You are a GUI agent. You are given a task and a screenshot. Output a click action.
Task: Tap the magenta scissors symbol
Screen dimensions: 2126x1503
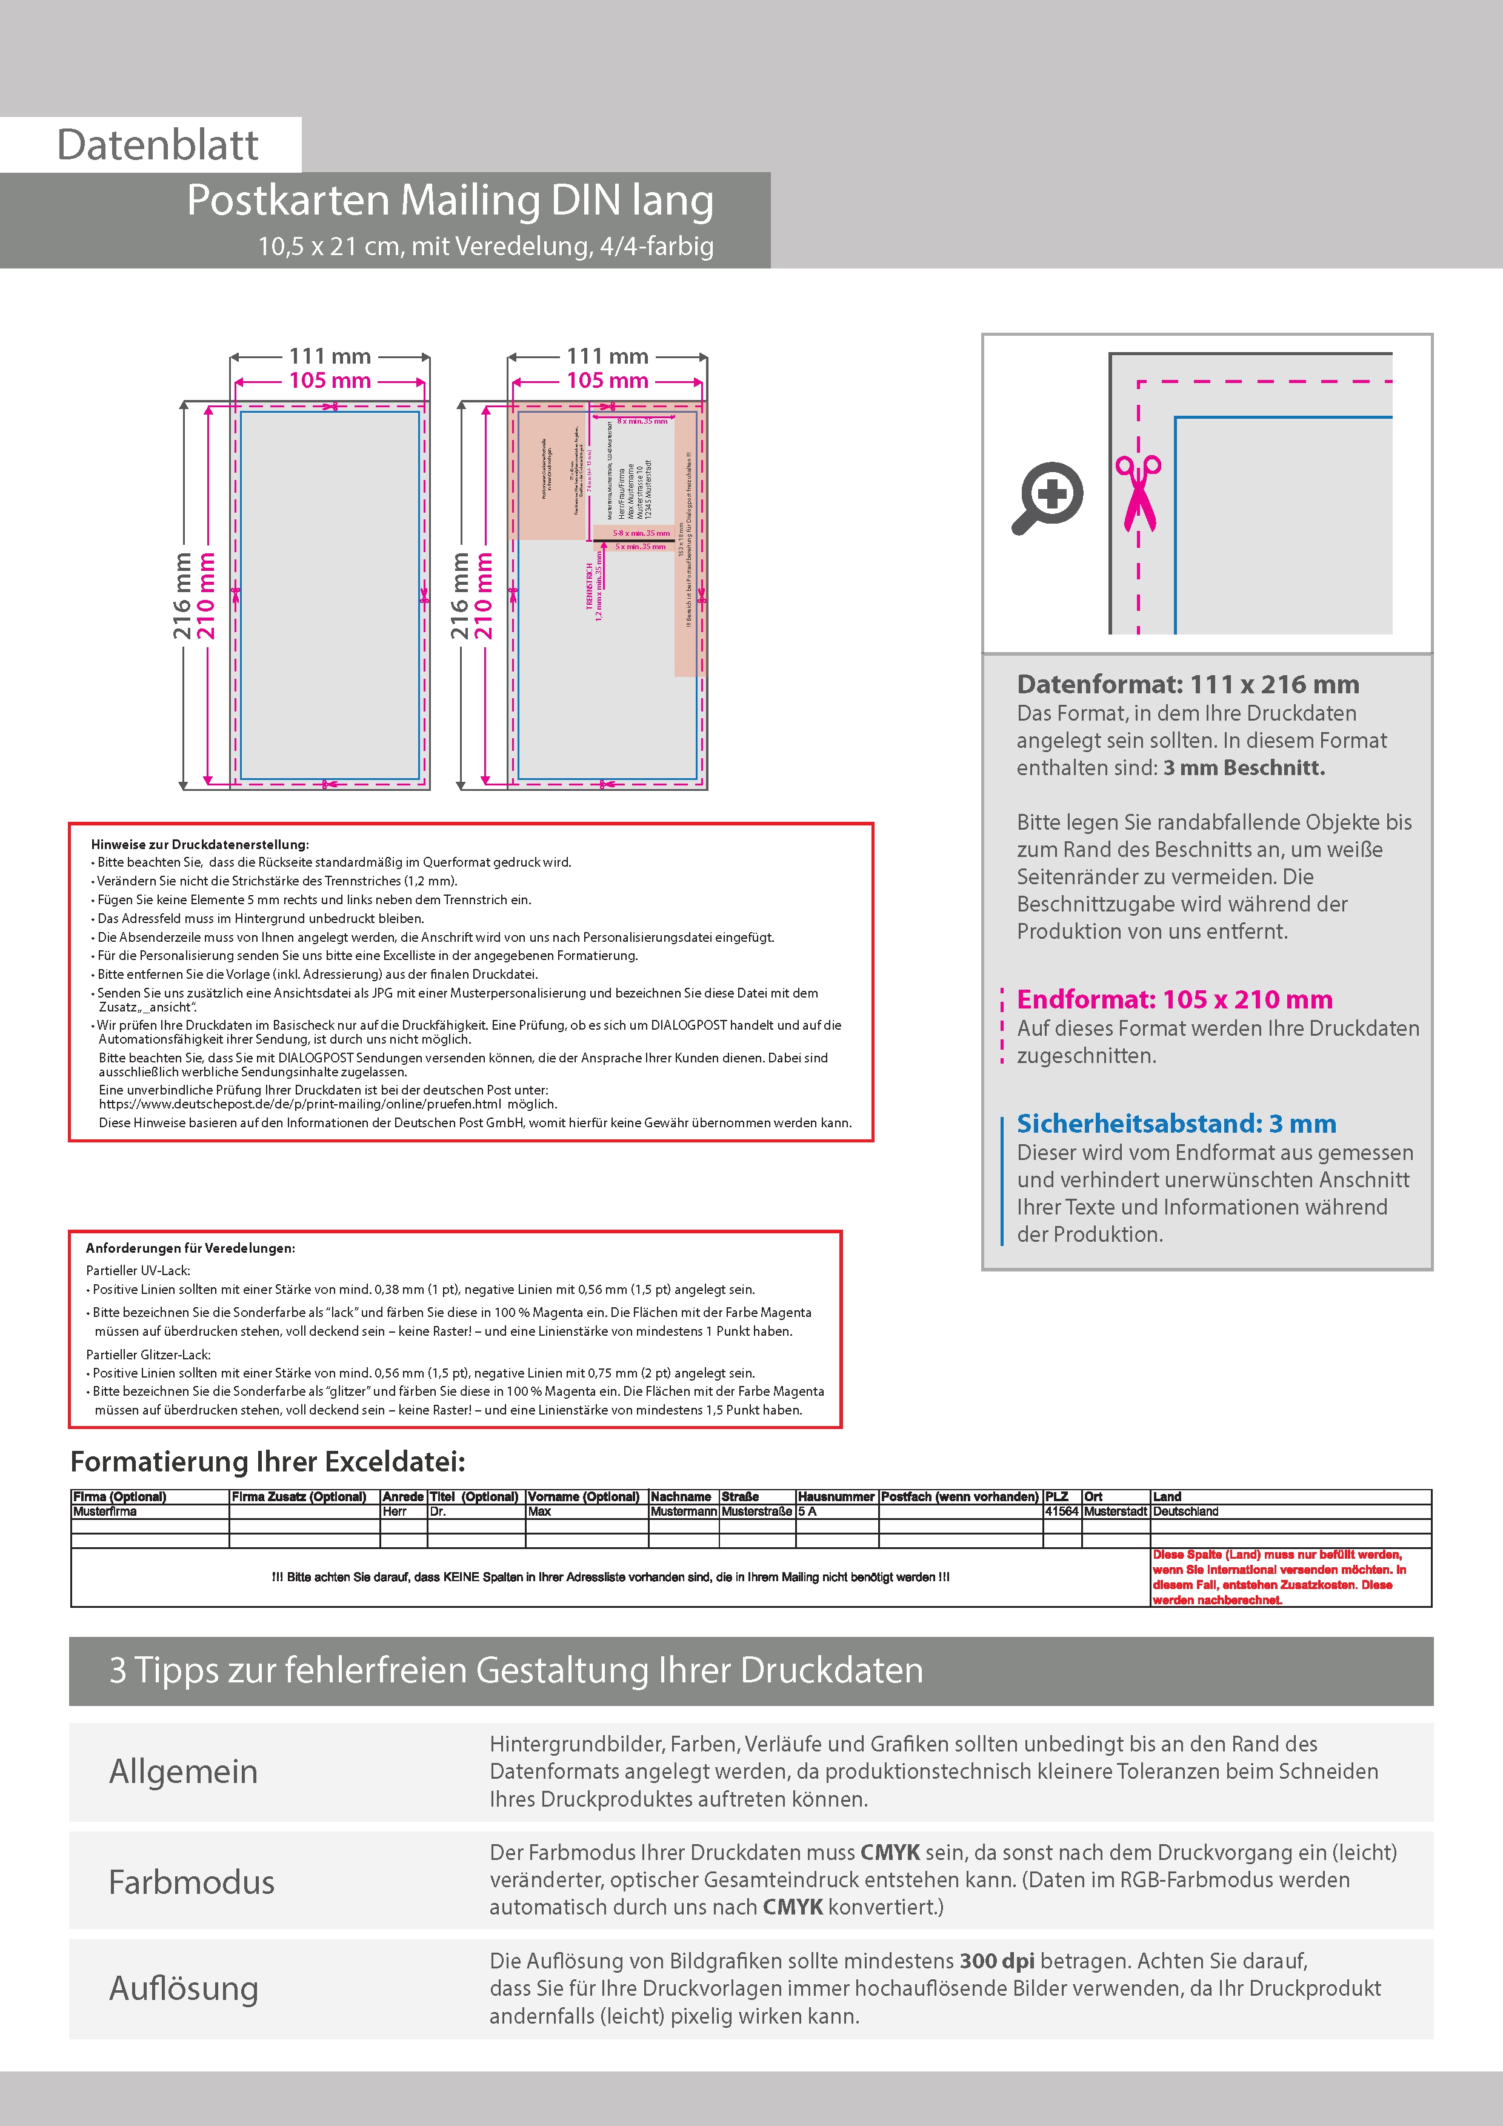[x=1138, y=493]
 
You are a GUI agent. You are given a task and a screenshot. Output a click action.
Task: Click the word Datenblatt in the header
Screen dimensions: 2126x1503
[x=158, y=145]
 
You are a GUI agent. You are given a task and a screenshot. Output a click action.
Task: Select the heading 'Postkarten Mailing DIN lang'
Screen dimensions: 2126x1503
[x=450, y=200]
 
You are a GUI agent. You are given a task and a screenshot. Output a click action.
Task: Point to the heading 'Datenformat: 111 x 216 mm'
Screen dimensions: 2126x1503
[x=1187, y=684]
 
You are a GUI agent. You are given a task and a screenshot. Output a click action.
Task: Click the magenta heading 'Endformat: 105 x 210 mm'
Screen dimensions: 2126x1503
[x=1175, y=999]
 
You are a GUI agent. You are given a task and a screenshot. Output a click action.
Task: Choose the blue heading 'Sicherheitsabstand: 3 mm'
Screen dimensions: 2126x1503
[x=1176, y=1123]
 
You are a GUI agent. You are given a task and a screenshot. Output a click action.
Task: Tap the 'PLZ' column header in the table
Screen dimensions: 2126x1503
[x=1056, y=1496]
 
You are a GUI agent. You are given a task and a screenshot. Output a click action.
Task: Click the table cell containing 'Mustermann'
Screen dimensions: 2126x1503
[x=684, y=1511]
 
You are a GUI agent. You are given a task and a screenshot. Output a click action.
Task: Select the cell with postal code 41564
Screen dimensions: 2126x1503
[x=1061, y=1511]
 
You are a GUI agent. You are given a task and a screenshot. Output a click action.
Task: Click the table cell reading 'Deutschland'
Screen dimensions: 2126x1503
[x=1185, y=1511]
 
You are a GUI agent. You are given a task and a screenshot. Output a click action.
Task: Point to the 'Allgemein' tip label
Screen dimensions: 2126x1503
[x=184, y=1771]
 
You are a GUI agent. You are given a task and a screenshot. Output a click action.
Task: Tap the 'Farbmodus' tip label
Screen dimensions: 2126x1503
[x=192, y=1882]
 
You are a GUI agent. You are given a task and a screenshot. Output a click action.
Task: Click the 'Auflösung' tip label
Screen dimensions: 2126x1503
[x=184, y=1988]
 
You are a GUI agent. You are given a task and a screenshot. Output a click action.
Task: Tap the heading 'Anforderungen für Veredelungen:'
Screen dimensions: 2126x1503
[x=191, y=1248]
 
